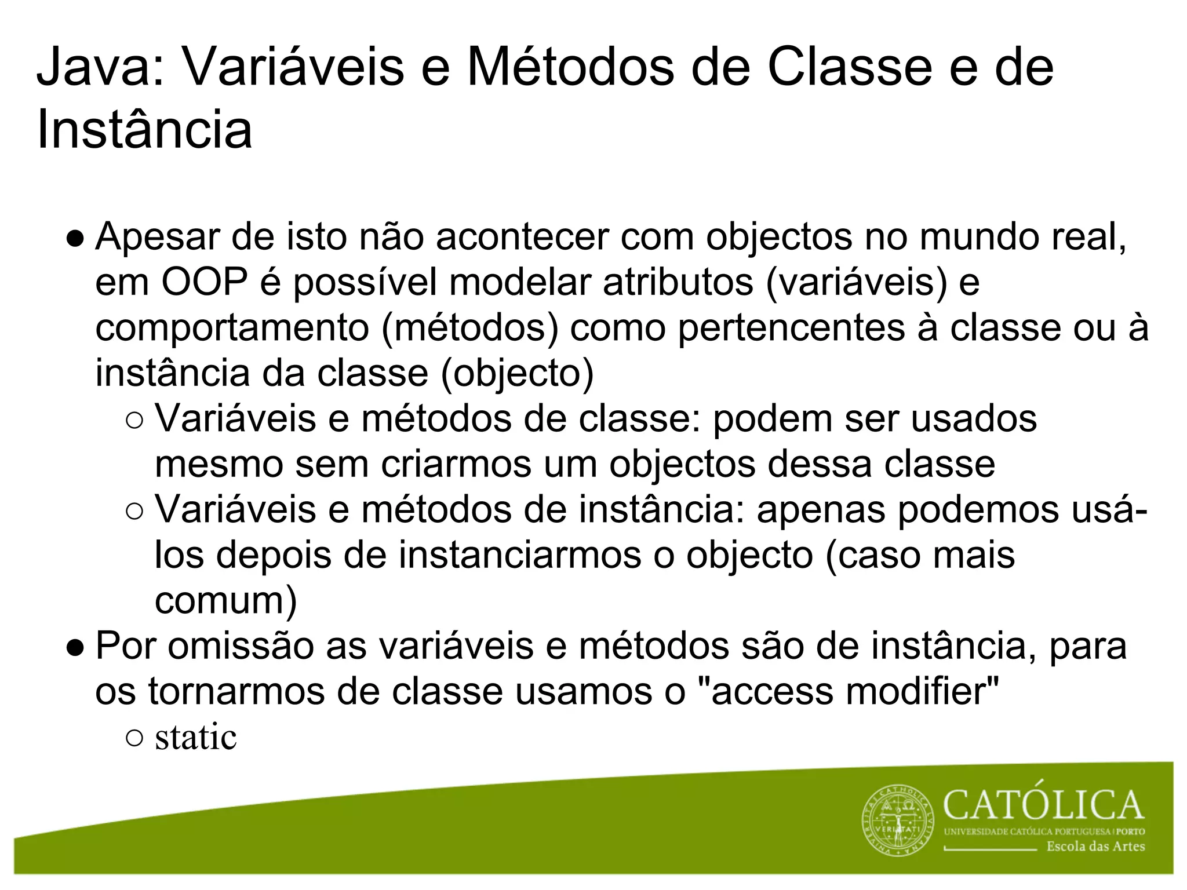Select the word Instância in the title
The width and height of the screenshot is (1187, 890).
point(144,130)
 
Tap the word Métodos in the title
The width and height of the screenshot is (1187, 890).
point(571,68)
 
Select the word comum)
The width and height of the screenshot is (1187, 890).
point(225,601)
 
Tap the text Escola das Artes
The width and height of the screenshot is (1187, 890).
point(1095,847)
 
